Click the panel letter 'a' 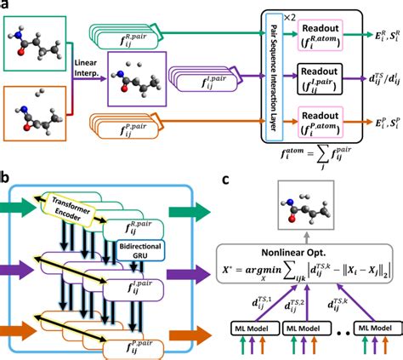[6, 7]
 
